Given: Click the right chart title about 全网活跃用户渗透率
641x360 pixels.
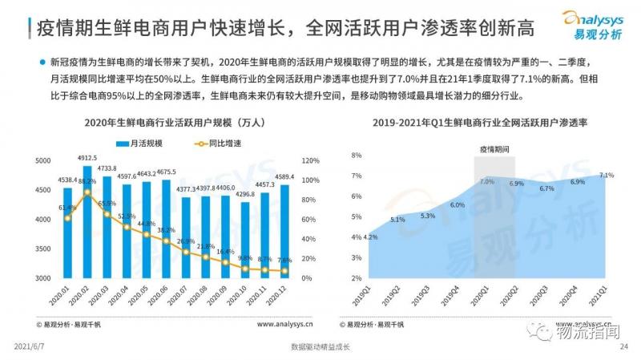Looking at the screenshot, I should pos(478,123).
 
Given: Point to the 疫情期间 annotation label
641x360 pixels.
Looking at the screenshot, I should pos(494,149).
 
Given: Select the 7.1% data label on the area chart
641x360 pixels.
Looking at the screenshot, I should pos(607,175).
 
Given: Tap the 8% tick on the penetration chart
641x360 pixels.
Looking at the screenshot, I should pos(357,156).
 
